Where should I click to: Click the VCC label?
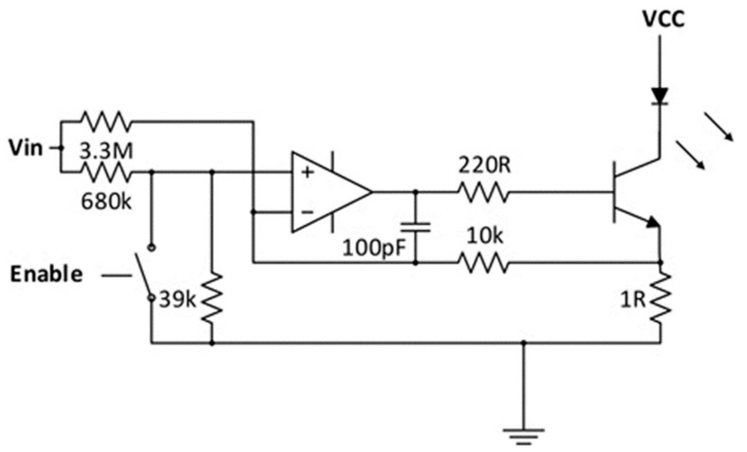point(664,19)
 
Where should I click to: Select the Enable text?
point(46,275)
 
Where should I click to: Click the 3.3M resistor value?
point(106,151)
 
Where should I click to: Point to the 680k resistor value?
point(106,202)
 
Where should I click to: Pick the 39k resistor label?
point(177,300)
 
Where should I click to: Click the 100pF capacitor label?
point(374,249)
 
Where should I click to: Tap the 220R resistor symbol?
point(483,192)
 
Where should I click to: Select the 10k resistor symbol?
point(483,263)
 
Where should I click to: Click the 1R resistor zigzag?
point(660,297)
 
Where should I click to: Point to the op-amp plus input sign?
point(307,172)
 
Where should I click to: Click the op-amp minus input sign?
point(307,212)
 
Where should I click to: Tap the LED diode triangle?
point(660,96)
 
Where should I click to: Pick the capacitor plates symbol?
point(415,227)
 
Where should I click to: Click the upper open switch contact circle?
point(152,248)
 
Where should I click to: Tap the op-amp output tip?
point(371,192)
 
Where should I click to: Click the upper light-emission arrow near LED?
point(719,127)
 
